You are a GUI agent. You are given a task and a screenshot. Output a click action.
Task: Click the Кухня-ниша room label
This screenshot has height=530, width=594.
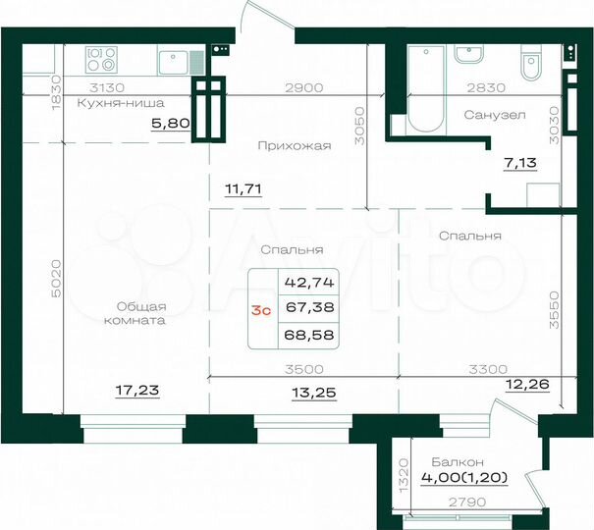coord(122,102)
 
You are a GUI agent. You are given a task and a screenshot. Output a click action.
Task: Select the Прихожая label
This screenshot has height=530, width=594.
coord(294,145)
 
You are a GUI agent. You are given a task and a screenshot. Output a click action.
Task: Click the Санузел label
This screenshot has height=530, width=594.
coord(494,115)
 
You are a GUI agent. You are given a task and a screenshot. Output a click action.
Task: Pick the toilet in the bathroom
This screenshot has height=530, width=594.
coord(530,67)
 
